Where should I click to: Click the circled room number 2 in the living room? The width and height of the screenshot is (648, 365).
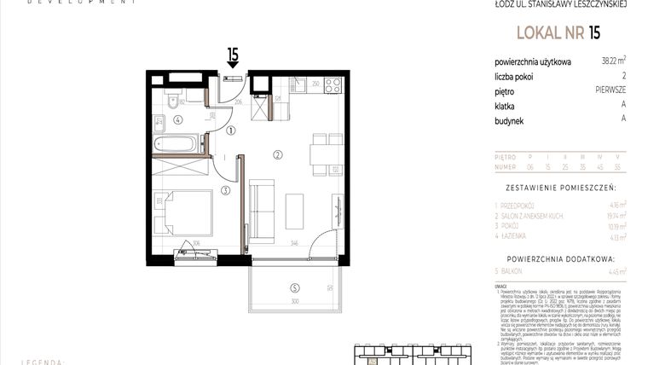[278, 154]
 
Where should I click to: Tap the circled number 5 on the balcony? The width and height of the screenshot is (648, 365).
[294, 287]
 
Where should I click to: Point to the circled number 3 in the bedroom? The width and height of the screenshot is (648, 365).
[225, 190]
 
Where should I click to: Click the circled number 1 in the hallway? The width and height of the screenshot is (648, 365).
[232, 130]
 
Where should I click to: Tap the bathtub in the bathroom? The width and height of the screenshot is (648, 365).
[176, 142]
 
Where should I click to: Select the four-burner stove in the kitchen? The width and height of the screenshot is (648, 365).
[333, 84]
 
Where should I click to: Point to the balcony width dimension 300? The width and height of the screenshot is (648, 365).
[294, 302]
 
